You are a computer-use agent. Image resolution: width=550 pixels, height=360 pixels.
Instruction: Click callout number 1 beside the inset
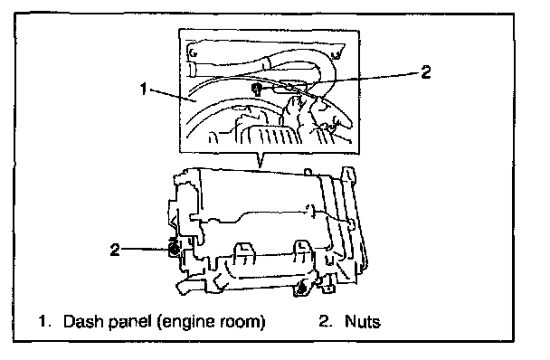[143, 89]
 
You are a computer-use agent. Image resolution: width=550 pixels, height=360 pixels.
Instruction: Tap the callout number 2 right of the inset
[425, 72]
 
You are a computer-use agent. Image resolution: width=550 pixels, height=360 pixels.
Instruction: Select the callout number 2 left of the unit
[115, 250]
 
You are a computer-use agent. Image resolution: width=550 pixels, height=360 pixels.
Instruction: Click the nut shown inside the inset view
[257, 90]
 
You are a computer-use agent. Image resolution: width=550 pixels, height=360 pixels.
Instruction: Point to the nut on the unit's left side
[174, 249]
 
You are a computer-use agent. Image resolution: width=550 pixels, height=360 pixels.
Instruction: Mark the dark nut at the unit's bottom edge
[301, 289]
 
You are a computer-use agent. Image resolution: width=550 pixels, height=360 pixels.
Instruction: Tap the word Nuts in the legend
[363, 321]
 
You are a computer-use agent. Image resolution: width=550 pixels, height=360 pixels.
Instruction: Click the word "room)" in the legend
[243, 322]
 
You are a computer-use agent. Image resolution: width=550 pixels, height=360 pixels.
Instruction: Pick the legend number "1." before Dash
[44, 321]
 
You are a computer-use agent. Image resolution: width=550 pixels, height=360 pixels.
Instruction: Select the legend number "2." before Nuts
[325, 321]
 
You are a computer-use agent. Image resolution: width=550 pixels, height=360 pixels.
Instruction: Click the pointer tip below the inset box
[260, 167]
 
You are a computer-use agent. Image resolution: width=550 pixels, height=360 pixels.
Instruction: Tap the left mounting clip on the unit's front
[244, 253]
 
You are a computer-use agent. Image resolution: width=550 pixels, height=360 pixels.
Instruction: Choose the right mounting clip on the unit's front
[303, 252]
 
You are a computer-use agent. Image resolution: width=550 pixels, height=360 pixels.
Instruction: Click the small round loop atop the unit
[308, 172]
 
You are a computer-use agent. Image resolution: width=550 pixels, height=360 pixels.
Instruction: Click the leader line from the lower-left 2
[145, 249]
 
